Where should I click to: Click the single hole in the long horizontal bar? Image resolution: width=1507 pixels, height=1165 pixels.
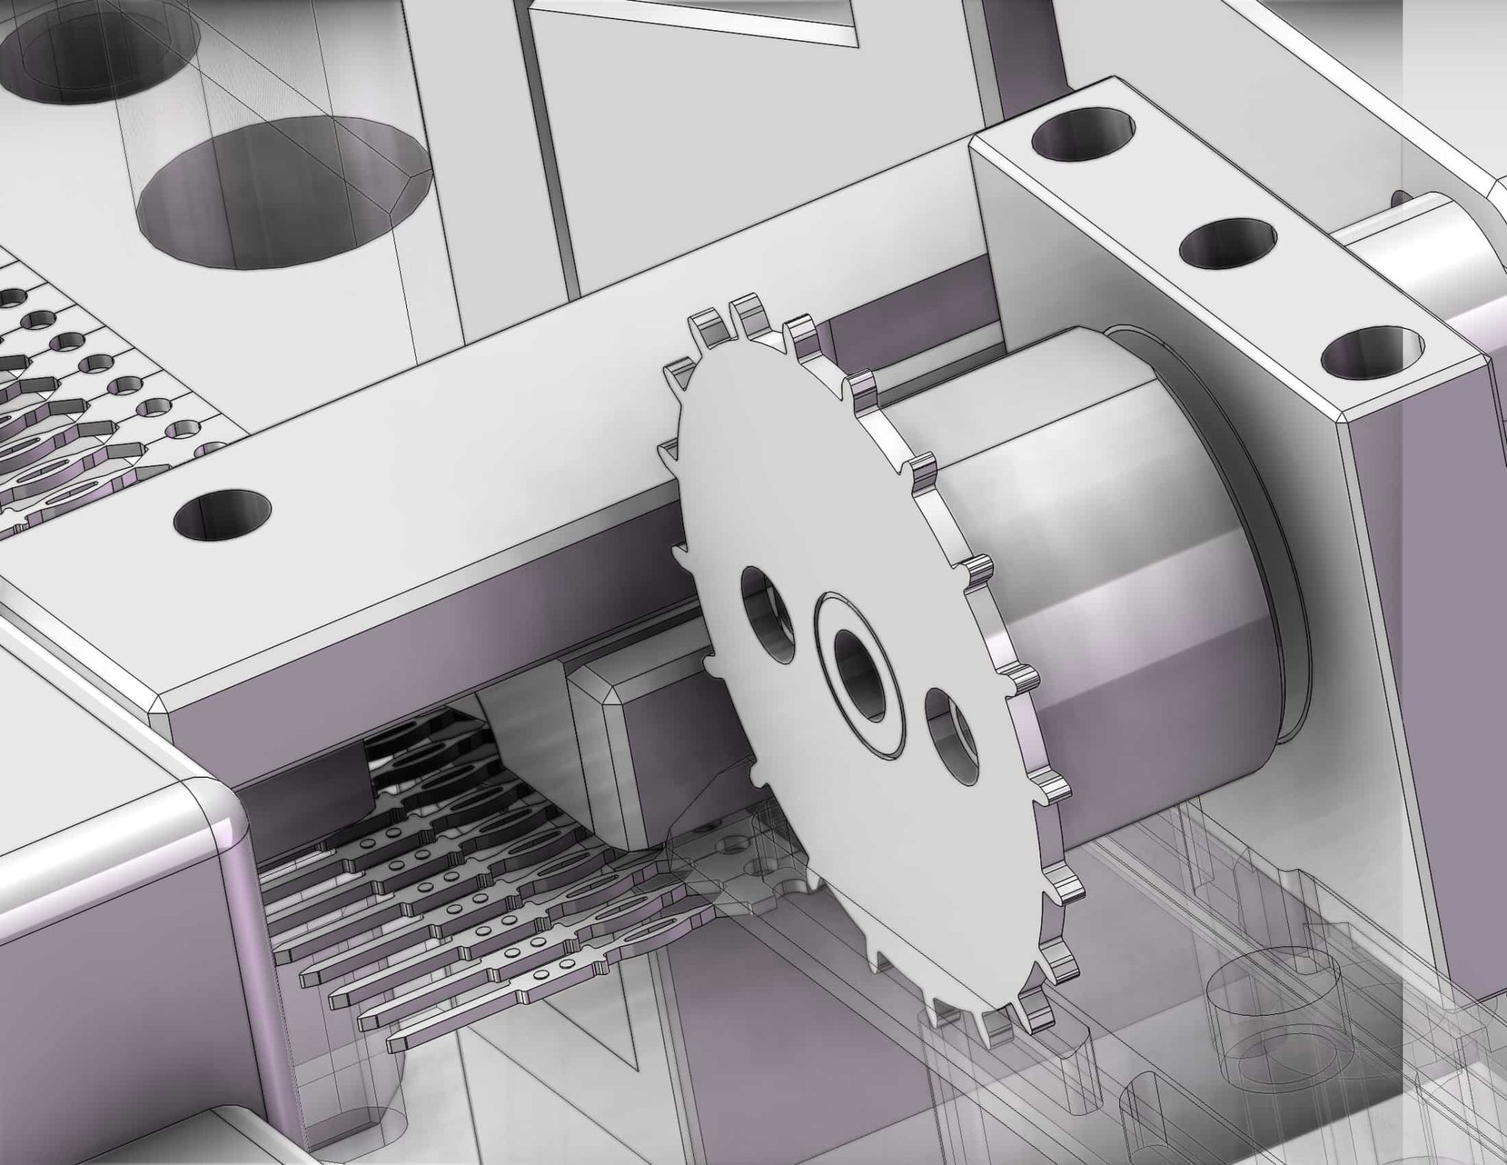pyautogui.click(x=222, y=512)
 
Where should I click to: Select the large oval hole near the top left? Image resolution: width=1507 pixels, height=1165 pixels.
pyautogui.click(x=283, y=193)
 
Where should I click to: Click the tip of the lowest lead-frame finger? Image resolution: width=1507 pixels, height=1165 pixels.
pyautogui.click(x=394, y=1042)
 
